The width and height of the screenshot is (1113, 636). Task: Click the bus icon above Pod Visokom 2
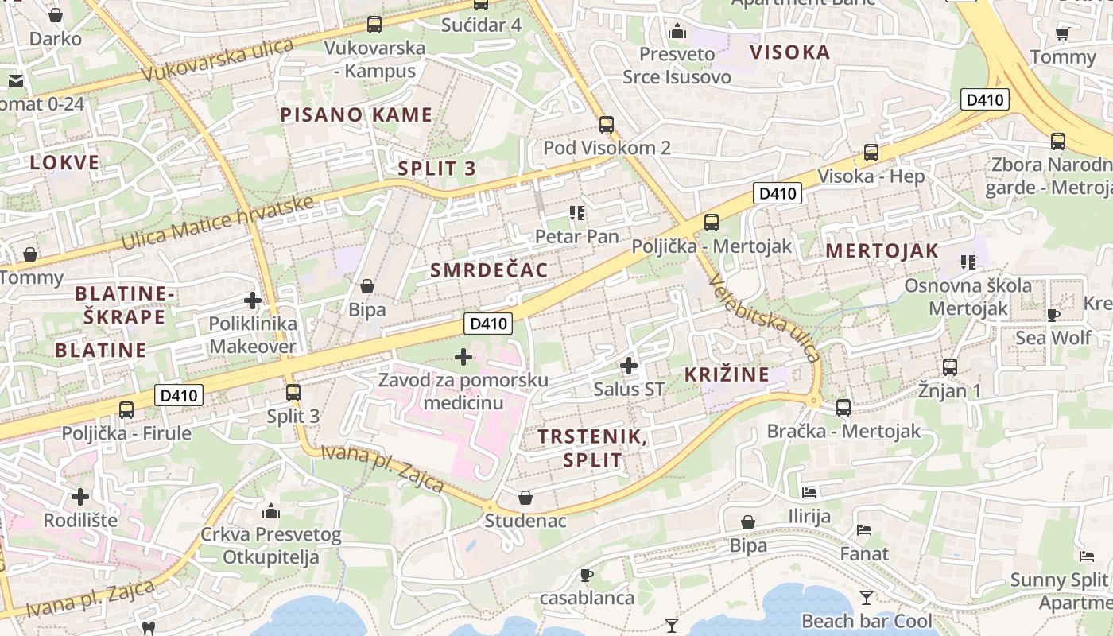coord(607,125)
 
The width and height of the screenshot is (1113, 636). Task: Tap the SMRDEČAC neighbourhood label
coord(489,270)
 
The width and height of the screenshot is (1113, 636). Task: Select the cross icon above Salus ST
coord(629,366)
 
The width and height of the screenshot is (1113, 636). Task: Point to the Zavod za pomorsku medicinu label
coord(463,391)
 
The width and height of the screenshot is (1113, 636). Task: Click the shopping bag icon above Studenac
coord(525,498)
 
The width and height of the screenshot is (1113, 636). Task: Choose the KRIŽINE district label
coord(727,374)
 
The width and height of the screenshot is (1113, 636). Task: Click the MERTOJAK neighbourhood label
coord(882,251)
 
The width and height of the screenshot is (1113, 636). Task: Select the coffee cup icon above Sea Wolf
coord(1053,315)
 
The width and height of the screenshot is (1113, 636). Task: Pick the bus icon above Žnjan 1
coord(950,367)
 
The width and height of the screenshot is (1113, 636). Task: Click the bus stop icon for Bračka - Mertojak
coord(843,408)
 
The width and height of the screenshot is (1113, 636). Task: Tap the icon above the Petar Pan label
coord(577,213)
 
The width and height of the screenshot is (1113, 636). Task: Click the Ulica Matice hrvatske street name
coord(218,223)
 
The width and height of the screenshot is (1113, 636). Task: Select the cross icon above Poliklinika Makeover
coord(253,301)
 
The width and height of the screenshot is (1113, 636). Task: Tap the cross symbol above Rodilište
coord(80,497)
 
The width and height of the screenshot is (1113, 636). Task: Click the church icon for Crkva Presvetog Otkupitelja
coord(270,510)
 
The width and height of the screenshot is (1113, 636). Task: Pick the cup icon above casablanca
coord(587,575)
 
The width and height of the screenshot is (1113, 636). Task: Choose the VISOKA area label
coord(789,52)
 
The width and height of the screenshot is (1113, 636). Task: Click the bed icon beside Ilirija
coord(809,493)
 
